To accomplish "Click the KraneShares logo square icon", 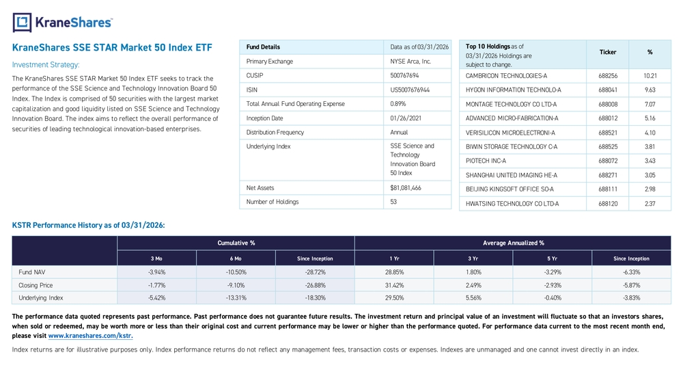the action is tap(23, 23).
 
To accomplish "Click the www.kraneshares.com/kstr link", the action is tap(91, 336).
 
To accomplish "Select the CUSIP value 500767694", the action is tap(404, 75).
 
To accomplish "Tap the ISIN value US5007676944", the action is tap(409, 90).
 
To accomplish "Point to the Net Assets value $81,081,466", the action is tap(406, 188).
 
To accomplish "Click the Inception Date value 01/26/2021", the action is tap(406, 118).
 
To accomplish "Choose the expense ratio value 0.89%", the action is tap(398, 104).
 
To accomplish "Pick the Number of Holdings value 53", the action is tap(393, 202).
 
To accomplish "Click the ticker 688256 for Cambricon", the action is tap(608, 76).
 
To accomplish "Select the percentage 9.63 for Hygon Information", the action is tap(650, 90).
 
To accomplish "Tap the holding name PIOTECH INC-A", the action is tap(486, 161).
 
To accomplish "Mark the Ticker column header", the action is tap(608, 53).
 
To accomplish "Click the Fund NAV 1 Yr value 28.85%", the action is tap(394, 272).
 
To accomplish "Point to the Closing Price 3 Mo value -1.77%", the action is tap(157, 285).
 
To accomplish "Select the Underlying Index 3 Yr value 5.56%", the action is tap(473, 297).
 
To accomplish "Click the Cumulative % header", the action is tap(236, 243).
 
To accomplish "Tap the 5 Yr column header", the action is tap(553, 258).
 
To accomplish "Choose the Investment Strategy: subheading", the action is tap(46, 65).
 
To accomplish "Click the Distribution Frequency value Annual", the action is tap(399, 132).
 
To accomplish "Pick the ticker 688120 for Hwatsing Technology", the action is tap(608, 204).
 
